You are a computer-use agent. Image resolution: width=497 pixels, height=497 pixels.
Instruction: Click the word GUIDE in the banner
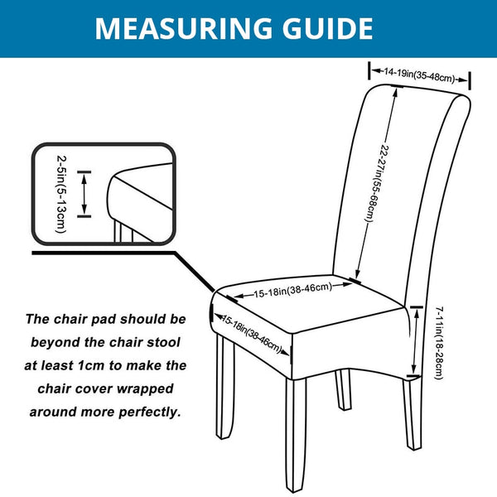pos(327,28)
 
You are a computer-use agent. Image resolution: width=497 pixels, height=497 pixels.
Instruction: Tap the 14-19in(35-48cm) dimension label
pos(419,75)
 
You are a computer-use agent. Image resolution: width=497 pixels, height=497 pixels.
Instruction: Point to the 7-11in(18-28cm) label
pos(439,343)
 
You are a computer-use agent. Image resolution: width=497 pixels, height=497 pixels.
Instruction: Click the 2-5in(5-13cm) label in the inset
pos(61,194)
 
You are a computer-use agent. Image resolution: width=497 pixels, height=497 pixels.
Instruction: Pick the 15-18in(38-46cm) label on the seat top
pos(293,290)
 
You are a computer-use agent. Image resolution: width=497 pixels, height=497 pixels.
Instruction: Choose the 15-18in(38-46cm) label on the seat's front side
pos(251,334)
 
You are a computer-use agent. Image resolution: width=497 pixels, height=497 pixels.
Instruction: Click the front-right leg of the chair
pos(296,433)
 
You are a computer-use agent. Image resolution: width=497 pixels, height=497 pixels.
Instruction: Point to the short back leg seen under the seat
pos(343,389)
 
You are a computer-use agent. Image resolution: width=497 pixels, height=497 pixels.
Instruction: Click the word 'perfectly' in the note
pos(150,412)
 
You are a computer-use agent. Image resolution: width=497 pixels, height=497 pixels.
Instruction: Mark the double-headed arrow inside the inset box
pos(84,194)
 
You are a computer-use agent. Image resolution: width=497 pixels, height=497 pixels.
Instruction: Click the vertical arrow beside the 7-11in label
pos(415,341)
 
